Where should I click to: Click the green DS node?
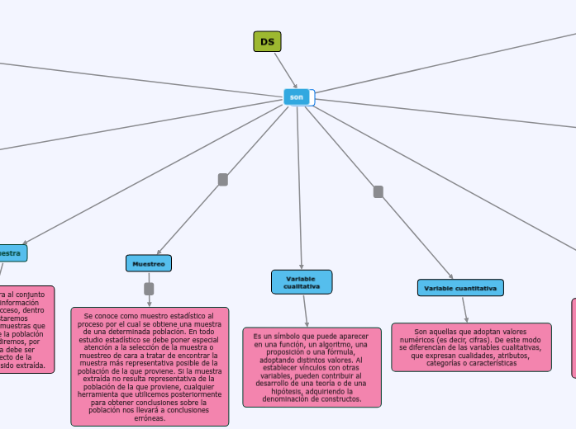tap(267, 42)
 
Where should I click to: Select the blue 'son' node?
tap(297, 97)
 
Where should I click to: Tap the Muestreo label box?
tap(149, 263)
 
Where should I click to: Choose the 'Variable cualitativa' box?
tap(302, 281)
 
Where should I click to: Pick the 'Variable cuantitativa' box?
tap(460, 288)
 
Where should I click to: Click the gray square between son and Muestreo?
tap(222, 179)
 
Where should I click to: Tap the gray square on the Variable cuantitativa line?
tap(378, 191)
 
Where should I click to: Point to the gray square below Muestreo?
tap(149, 289)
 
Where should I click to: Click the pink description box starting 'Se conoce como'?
tap(150, 366)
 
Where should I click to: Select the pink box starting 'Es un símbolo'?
tap(312, 367)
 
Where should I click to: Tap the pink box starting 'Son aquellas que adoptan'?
tap(470, 346)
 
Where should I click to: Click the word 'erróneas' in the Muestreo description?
tap(150, 418)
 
